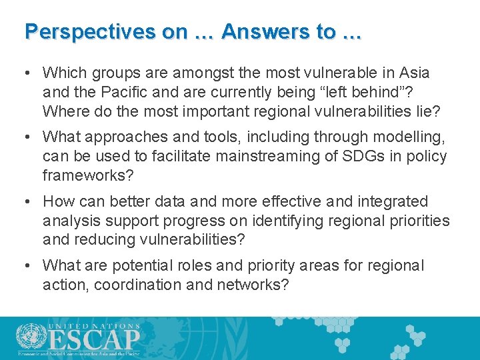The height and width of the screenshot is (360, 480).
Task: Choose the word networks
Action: (255, 285)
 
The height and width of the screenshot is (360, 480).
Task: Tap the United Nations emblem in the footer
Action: (29, 337)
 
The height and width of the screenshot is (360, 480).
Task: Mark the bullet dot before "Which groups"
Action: (29, 73)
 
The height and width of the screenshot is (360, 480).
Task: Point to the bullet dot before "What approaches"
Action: (29, 137)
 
